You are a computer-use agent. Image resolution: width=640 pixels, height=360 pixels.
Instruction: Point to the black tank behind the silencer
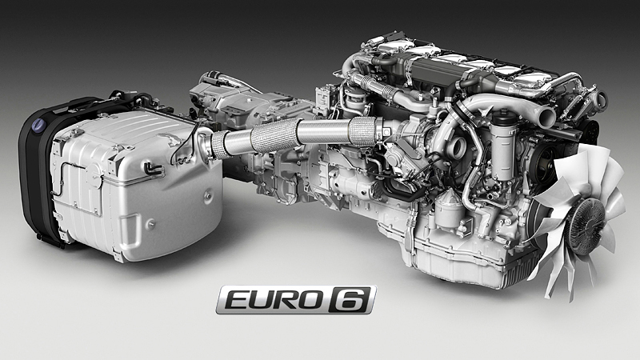coord(38,171)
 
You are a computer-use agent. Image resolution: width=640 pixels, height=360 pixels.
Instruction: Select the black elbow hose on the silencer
coord(153,168)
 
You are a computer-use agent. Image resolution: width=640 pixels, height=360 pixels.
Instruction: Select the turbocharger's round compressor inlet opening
coord(456,146)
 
